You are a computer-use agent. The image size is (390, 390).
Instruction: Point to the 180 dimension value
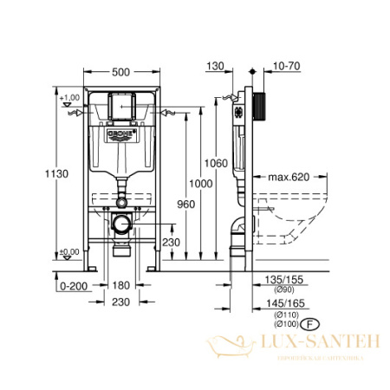[121, 284]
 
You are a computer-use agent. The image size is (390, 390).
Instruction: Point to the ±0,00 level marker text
[70, 251]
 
